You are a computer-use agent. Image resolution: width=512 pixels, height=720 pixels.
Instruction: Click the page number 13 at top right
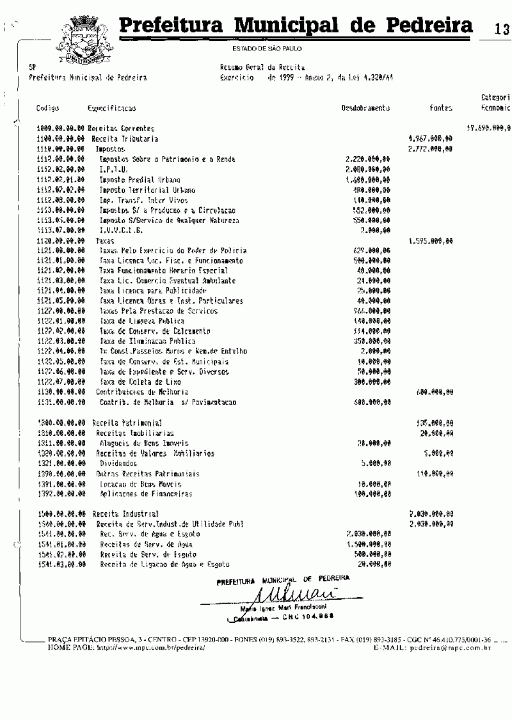point(501,29)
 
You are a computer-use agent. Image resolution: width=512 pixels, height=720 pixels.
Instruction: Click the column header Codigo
point(48,109)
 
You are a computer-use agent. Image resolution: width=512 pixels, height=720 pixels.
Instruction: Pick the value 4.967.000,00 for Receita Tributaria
point(431,138)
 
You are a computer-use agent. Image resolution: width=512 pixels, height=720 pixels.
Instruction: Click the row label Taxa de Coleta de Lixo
point(133,380)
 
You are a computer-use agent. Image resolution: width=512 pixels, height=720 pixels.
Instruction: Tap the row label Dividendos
point(118,463)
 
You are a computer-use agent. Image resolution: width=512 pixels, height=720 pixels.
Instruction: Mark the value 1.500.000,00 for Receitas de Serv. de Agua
point(368,544)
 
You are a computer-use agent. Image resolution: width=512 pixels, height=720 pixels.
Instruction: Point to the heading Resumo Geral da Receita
point(262,67)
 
